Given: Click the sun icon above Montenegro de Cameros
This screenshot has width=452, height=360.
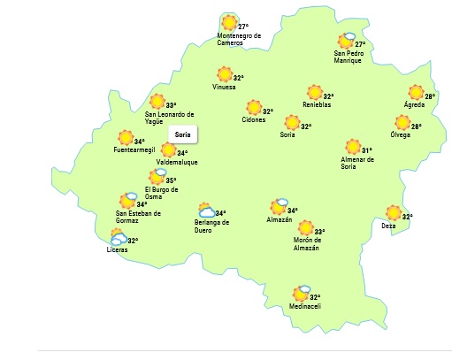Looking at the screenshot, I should click(x=230, y=22).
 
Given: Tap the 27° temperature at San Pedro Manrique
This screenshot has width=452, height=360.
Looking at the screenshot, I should click(x=360, y=44).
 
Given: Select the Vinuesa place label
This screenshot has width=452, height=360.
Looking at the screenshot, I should click(x=224, y=88).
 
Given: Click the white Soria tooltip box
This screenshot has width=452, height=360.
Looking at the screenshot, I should click(x=183, y=134).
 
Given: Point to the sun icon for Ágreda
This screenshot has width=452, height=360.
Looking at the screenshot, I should click(x=416, y=92).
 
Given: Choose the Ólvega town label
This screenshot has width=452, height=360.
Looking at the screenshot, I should click(x=400, y=135).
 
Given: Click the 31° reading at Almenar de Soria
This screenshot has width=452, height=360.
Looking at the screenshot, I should click(x=364, y=150).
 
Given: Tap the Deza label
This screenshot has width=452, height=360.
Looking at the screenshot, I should click(x=388, y=226).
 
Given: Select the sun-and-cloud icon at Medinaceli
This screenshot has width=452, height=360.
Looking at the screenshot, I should click(x=302, y=294).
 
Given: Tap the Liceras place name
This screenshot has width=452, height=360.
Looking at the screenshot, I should click(x=117, y=250).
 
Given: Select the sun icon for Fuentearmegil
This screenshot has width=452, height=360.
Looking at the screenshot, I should click(x=126, y=138).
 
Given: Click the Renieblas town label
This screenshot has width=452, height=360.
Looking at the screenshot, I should click(x=316, y=105).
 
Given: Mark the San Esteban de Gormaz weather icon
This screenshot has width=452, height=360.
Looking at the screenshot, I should click(x=128, y=201).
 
